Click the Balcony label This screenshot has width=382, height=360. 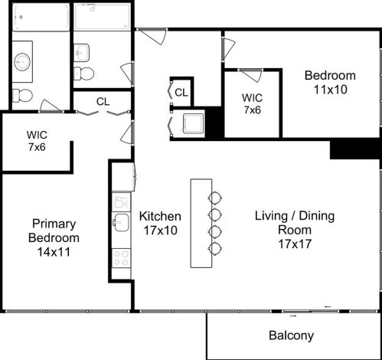click(291, 335)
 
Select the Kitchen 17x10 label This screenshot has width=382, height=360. click(160, 223)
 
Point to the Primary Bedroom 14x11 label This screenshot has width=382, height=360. click(54, 237)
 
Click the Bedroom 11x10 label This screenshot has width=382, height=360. click(330, 82)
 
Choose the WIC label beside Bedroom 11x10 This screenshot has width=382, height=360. click(253, 104)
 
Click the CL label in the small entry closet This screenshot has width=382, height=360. click(181, 93)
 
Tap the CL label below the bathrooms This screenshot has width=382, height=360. click(103, 101)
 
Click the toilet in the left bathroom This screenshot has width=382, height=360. click(22, 96)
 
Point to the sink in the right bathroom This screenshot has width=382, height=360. click(81, 52)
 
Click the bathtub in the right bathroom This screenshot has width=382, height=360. click(102, 17)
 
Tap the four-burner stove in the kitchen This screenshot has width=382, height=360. click(122, 258)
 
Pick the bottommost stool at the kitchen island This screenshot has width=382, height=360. click(216, 247)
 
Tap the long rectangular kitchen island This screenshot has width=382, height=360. click(201, 223)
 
